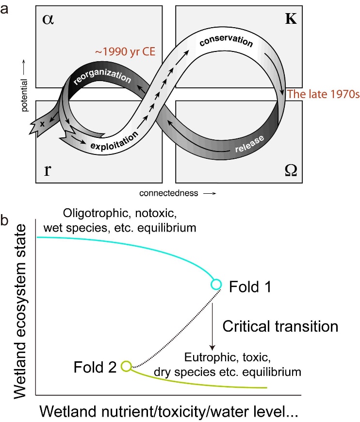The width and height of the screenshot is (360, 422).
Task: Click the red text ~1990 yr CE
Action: pyautogui.click(x=126, y=51)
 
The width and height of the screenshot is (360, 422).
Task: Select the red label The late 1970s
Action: pyautogui.click(x=323, y=94)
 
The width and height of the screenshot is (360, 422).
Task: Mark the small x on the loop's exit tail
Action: pyautogui.click(x=42, y=123)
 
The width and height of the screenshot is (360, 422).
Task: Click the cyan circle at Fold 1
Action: pyautogui.click(x=216, y=284)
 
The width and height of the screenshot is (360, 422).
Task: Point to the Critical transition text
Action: pyautogui.click(x=280, y=326)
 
